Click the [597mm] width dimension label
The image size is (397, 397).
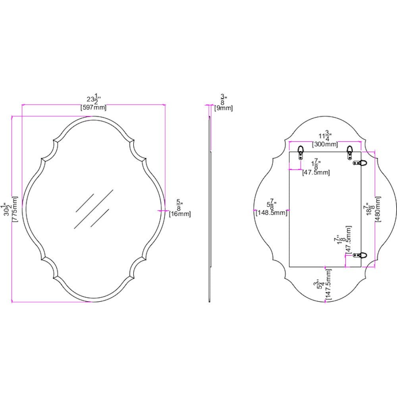coord(93,107)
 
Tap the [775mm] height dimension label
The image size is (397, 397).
coord(15,209)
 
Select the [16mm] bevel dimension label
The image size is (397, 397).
coord(180,214)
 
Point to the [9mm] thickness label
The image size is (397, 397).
coord(223,108)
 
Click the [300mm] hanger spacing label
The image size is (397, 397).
coord(325,145)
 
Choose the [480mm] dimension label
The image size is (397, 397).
coord(378,209)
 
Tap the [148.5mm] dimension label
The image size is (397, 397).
coord(272,213)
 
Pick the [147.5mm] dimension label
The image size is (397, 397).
coord(328,285)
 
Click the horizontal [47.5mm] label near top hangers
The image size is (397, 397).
coord(316,173)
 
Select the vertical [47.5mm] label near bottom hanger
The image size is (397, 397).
coord(349,240)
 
